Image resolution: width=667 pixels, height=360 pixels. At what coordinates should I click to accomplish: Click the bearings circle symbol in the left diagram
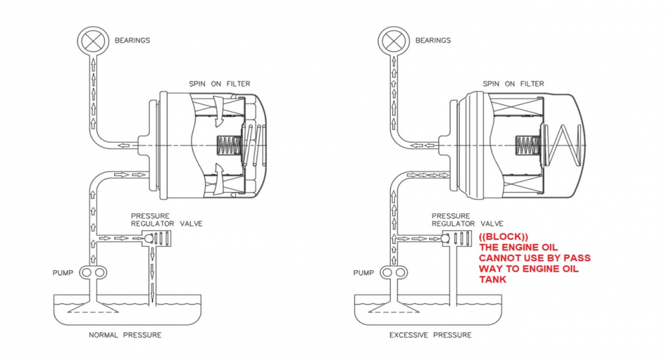pos(91,40)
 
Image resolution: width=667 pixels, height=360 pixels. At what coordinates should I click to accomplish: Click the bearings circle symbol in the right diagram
pos(392,40)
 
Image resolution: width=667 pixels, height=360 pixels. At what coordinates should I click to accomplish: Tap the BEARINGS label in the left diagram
pos(133,40)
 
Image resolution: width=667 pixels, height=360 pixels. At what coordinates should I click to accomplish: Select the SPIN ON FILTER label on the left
pos(212,83)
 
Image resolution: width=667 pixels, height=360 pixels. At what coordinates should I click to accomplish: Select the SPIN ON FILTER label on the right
pos(513,83)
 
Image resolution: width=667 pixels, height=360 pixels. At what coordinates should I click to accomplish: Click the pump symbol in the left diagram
pos(93,273)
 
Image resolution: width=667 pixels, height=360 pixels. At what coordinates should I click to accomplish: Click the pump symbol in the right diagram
pos(394,273)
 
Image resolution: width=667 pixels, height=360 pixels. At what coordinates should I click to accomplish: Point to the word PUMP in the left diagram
pos(63,273)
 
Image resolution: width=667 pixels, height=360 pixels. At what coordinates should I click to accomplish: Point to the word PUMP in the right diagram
pos(364,273)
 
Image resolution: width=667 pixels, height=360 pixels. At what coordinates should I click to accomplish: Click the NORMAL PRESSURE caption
pos(125,335)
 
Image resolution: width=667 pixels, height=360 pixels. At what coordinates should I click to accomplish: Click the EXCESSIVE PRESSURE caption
pos(430,335)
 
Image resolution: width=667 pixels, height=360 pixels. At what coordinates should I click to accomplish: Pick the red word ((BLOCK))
pos(503,237)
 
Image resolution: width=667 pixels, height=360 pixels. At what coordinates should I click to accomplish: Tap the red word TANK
pos(492,279)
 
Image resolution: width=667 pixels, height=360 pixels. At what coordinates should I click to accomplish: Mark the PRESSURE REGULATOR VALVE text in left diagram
pos(166,219)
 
